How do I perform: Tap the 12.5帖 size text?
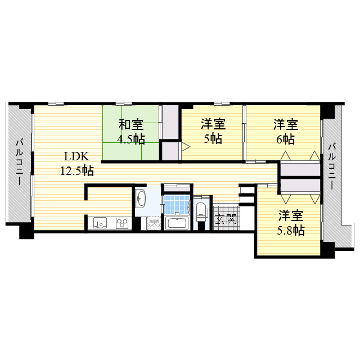pyautogui.click(x=77, y=170)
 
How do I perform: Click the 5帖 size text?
pyautogui.click(x=212, y=138)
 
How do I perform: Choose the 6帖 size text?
pyautogui.click(x=285, y=138)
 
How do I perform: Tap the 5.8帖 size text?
pyautogui.click(x=291, y=229)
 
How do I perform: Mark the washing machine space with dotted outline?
pyautogui.click(x=154, y=224)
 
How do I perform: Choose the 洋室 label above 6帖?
pyautogui.click(x=286, y=124)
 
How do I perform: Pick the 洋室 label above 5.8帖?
pyautogui.click(x=291, y=215)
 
